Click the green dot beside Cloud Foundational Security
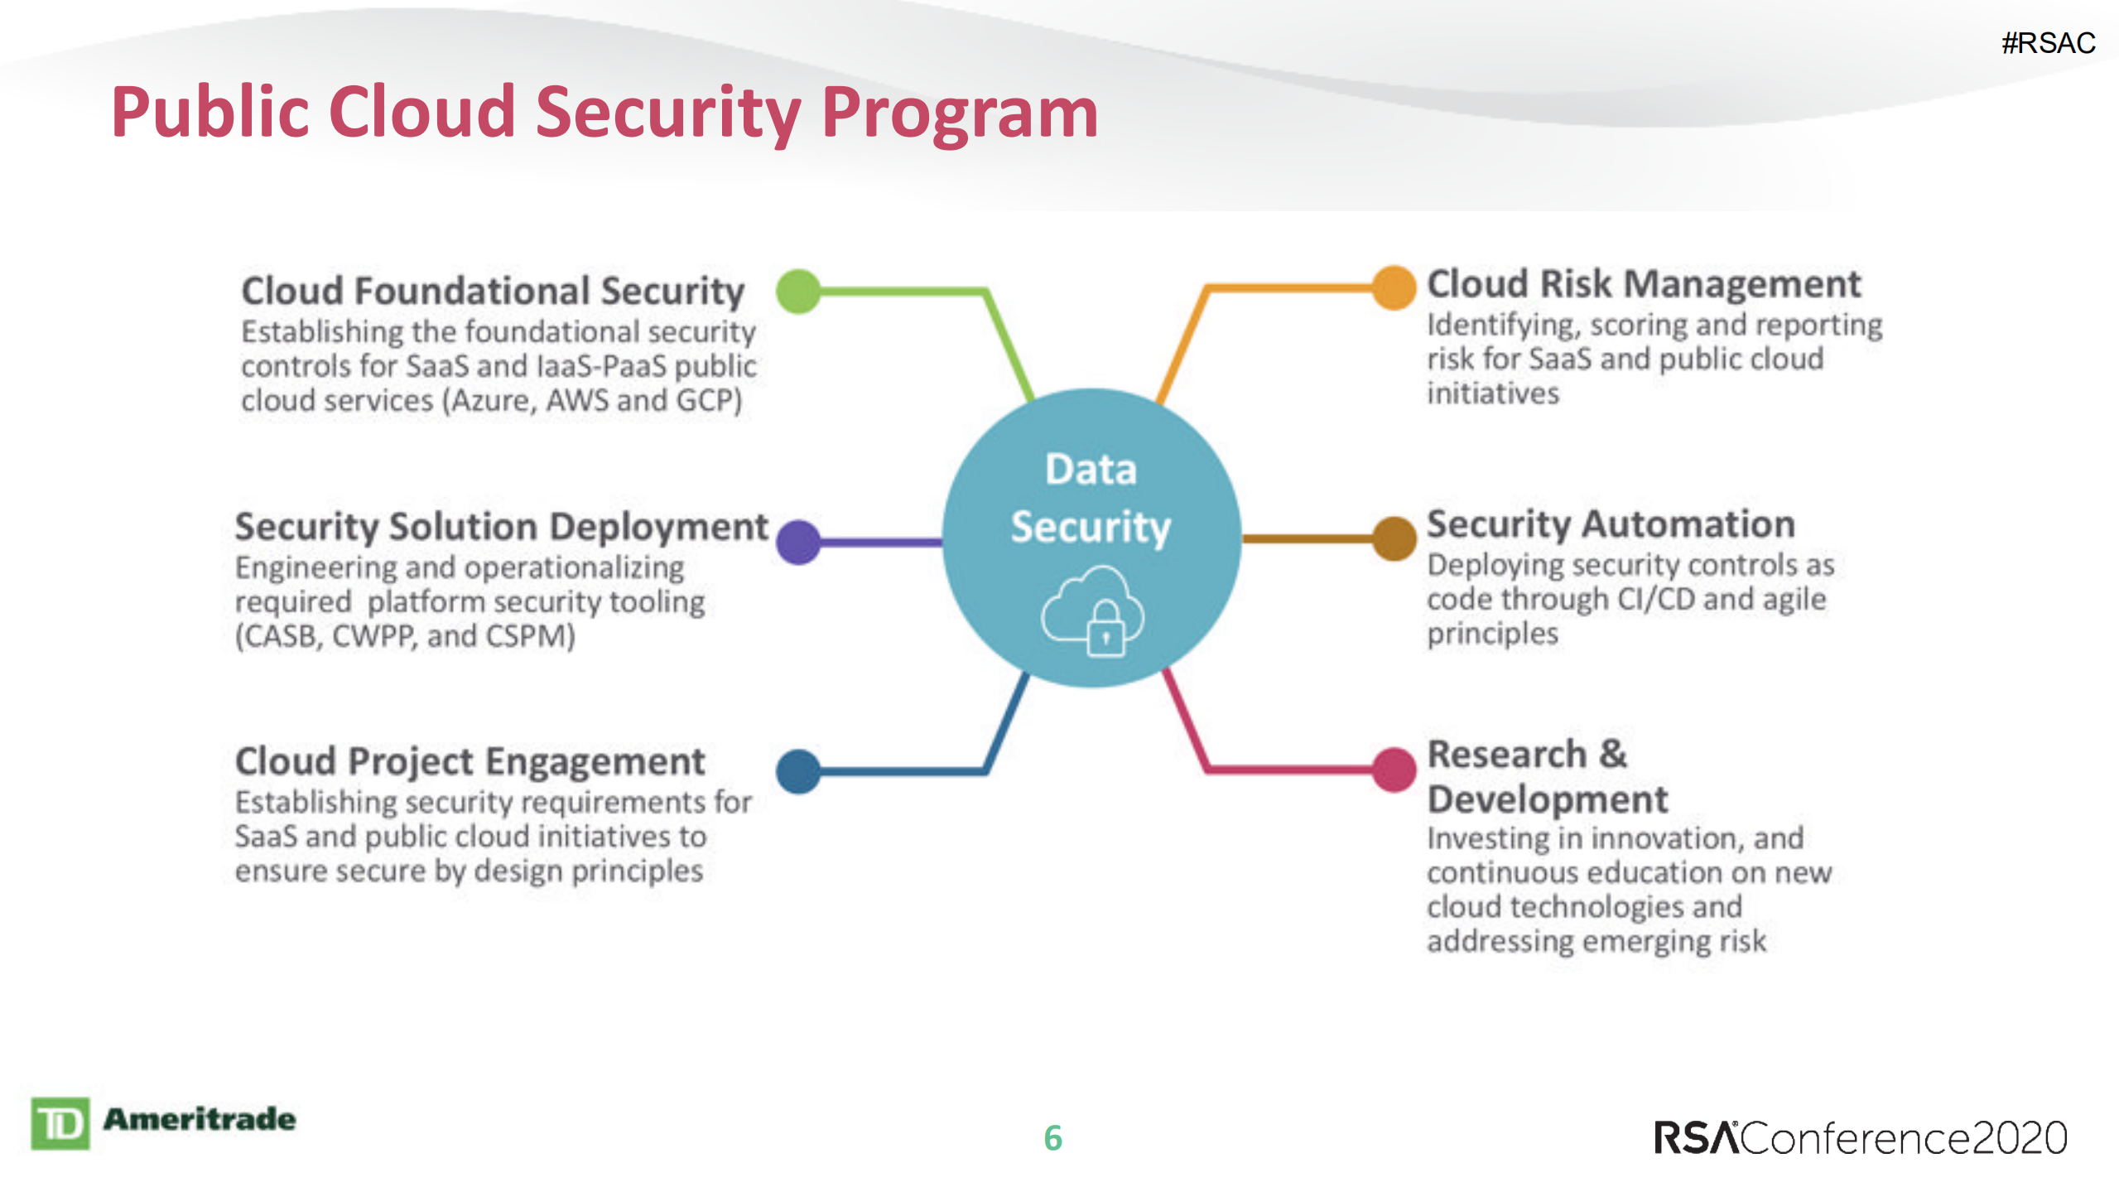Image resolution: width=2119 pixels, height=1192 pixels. (x=798, y=292)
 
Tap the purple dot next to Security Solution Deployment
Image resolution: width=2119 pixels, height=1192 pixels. (x=798, y=543)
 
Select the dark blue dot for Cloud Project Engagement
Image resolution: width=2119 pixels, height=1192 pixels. (x=798, y=771)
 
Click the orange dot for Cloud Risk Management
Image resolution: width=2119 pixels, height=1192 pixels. (x=1394, y=287)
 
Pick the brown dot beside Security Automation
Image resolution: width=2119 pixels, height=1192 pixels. (x=1394, y=538)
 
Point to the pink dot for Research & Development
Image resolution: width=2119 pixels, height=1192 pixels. (x=1394, y=769)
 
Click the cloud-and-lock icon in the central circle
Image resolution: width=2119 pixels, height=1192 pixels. (x=1092, y=613)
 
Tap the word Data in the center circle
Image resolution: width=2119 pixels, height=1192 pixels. (x=1091, y=470)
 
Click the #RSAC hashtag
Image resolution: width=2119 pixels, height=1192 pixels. (x=2048, y=43)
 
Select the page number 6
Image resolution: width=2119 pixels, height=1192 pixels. (x=1052, y=1138)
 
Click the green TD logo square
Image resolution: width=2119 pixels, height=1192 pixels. (x=60, y=1123)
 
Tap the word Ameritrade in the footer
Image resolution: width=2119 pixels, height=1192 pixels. (x=199, y=1119)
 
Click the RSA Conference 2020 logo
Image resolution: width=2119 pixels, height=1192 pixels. (x=1860, y=1137)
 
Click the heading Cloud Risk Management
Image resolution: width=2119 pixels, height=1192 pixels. (x=1644, y=284)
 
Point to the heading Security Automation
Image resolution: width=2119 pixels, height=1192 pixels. (x=1611, y=524)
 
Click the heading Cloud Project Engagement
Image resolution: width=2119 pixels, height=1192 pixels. (x=470, y=761)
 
